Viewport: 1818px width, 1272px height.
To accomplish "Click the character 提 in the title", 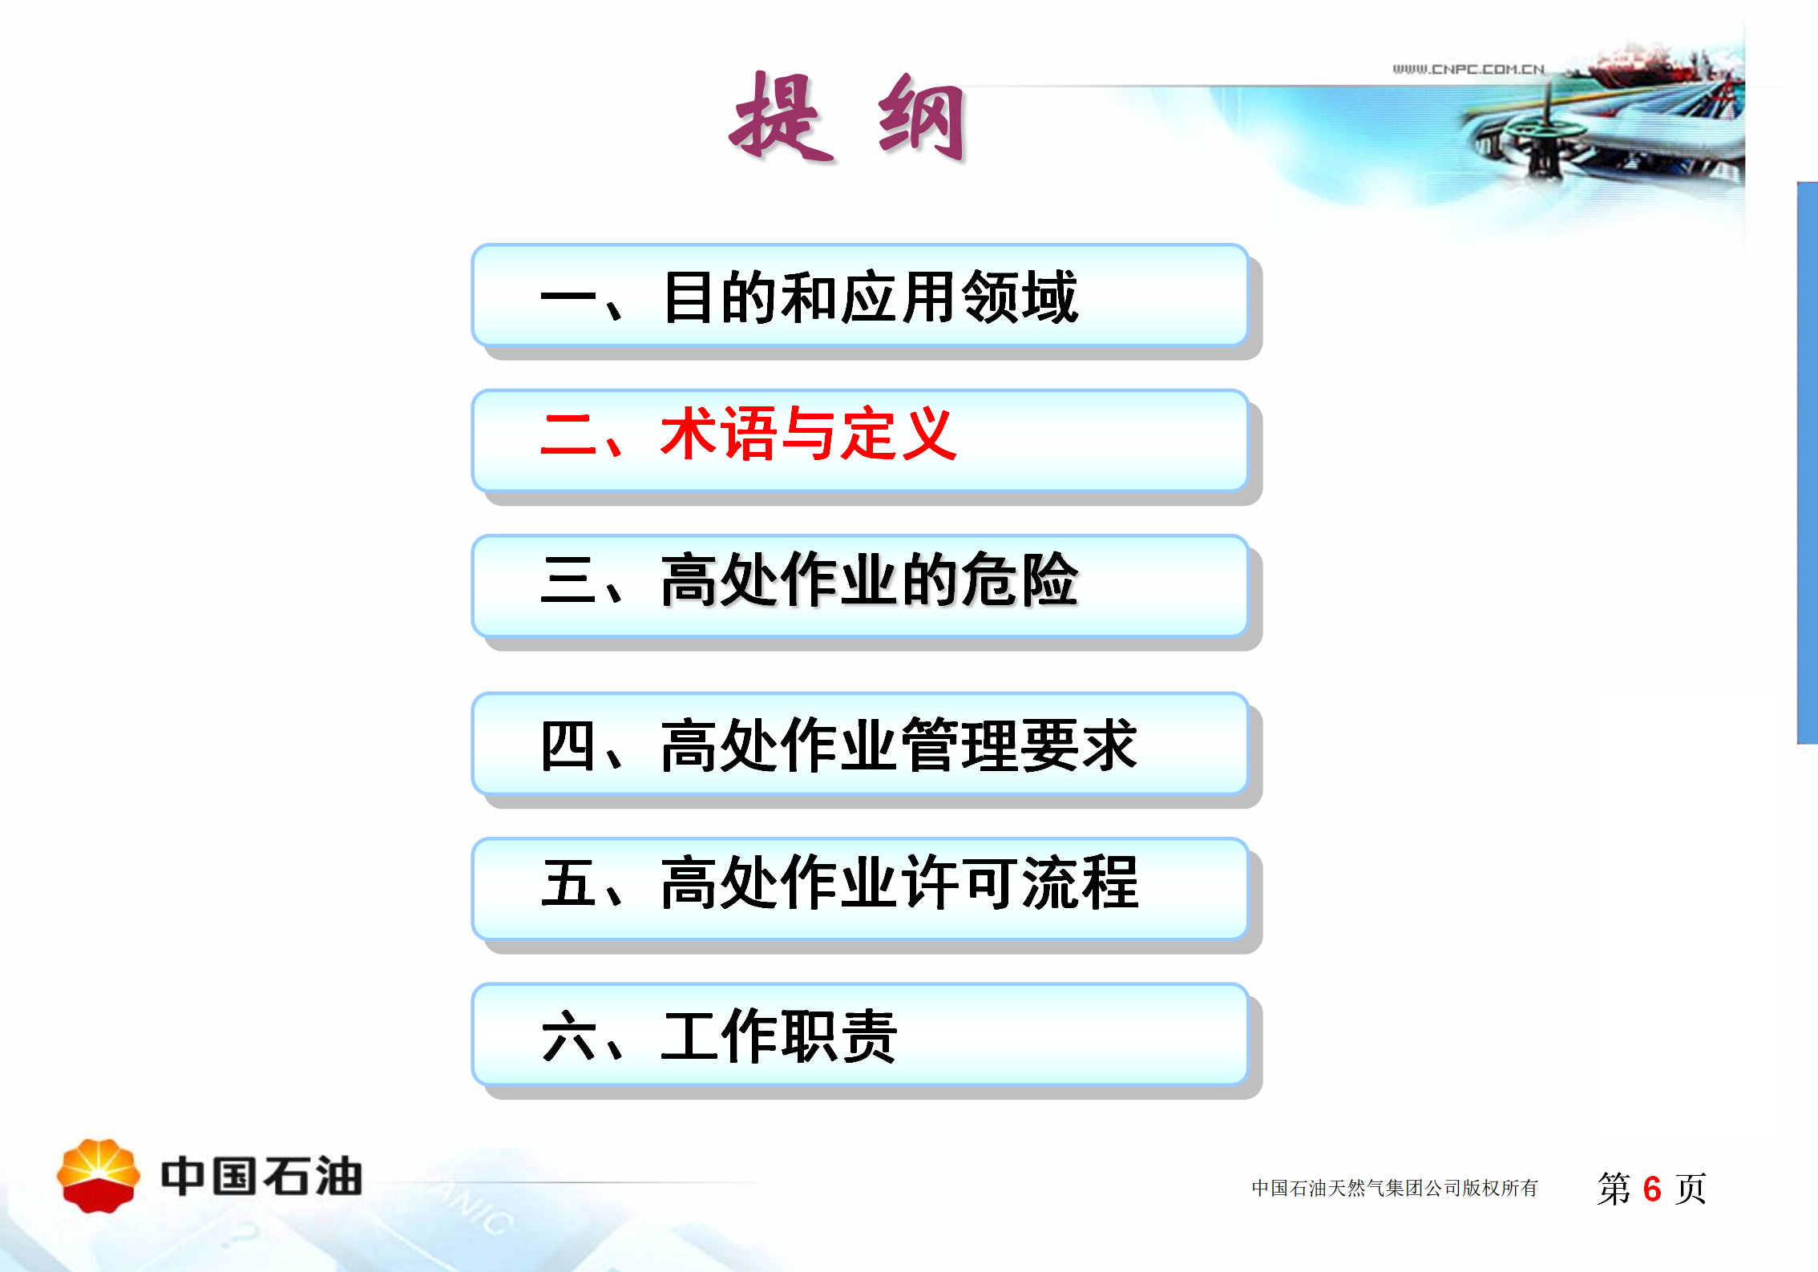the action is pos(782,117).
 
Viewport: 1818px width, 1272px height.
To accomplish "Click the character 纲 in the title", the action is pos(922,117).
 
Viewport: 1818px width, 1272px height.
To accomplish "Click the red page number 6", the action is pos(1651,1189).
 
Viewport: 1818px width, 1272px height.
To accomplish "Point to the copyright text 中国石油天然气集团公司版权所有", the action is pos(1395,1188).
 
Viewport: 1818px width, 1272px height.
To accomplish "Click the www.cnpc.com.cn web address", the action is pos(1469,69).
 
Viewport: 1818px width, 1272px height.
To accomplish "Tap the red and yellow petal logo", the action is pos(99,1175).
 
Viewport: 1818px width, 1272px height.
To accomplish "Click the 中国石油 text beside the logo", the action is pos(261,1176).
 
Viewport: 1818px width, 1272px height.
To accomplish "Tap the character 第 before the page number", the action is pos(1614,1188).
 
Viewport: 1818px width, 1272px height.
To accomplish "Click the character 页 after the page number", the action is pos(1690,1188).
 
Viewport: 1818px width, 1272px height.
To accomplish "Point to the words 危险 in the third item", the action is pos(1020,579).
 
